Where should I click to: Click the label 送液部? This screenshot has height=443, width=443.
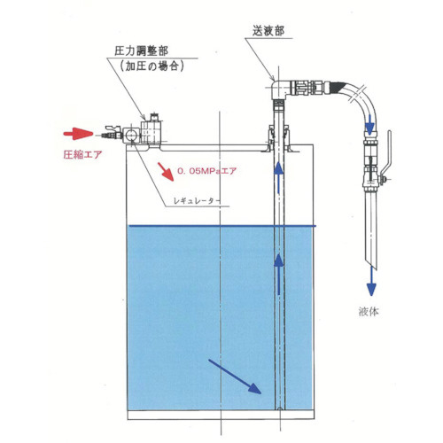click(268, 31)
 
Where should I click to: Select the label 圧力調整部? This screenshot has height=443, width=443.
click(141, 51)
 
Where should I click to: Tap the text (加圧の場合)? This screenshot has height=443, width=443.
click(152, 66)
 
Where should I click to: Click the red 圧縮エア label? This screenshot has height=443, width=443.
click(82, 154)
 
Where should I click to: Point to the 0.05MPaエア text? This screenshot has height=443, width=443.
click(206, 171)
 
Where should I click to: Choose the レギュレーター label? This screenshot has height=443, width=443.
click(197, 201)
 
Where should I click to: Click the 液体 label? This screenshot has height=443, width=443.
click(369, 311)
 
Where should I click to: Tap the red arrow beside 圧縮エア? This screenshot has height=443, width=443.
click(78, 134)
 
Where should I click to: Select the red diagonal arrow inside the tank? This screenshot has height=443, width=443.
click(166, 171)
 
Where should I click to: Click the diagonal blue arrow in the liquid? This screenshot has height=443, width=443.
click(235, 377)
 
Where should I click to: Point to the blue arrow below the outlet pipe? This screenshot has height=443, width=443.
click(371, 281)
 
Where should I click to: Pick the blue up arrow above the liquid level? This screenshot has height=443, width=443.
click(278, 178)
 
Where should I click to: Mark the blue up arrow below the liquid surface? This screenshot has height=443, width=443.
click(278, 274)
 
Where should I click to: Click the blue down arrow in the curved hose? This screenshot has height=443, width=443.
click(369, 124)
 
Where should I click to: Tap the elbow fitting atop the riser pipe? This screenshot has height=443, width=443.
click(279, 89)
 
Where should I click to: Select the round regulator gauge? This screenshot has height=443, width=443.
click(130, 135)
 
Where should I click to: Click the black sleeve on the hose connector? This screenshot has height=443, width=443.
click(338, 88)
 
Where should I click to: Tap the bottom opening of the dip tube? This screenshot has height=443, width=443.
click(279, 409)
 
